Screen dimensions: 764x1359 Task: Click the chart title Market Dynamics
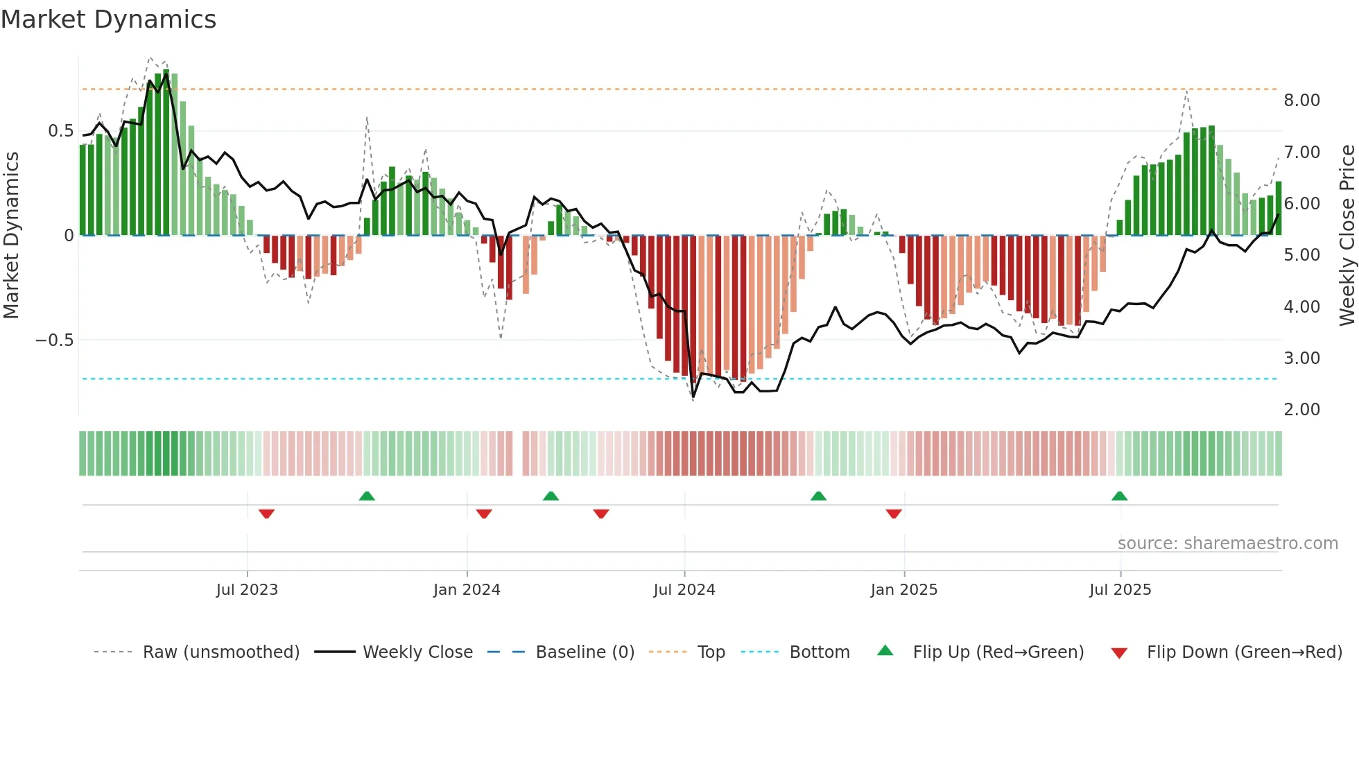[x=109, y=19]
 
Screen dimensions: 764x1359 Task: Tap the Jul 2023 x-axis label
[x=247, y=590]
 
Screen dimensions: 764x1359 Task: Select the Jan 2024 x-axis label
[x=467, y=590]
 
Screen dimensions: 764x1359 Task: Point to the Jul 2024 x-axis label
[x=684, y=590]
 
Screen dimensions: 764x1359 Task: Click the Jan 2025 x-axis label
[x=904, y=590]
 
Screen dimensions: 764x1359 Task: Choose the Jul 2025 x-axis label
[x=1120, y=590]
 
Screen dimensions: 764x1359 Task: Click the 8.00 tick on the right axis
[x=1301, y=101]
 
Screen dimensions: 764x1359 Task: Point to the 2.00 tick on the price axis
[x=1301, y=410]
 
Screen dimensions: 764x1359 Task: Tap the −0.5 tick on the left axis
[x=55, y=340]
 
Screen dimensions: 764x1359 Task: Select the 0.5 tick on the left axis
[x=60, y=131]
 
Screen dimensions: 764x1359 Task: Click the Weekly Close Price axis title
[x=1347, y=235]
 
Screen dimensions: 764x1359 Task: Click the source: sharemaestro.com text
[x=1227, y=544]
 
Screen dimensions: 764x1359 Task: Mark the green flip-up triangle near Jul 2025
[x=1119, y=496]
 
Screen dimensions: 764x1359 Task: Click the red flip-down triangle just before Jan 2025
[x=894, y=514]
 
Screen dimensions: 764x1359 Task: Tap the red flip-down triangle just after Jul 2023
[x=266, y=514]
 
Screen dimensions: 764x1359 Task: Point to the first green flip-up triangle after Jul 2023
[x=367, y=496]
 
